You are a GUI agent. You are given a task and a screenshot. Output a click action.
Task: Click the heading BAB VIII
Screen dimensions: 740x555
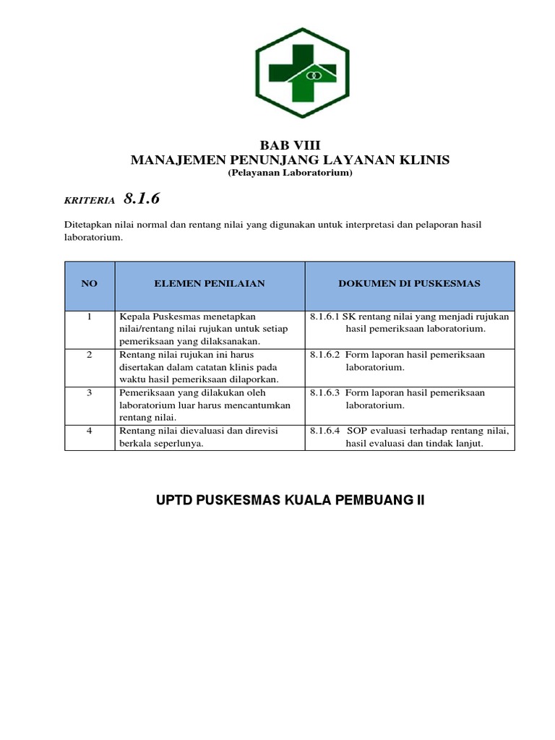point(289,145)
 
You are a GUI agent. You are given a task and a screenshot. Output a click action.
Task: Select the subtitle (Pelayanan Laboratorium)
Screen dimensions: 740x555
point(290,174)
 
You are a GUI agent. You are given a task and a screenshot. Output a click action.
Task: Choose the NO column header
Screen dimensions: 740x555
point(90,284)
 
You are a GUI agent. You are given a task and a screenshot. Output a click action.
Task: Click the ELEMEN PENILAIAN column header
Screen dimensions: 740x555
point(210,284)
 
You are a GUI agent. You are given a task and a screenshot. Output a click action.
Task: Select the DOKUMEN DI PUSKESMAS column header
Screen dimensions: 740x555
point(409,284)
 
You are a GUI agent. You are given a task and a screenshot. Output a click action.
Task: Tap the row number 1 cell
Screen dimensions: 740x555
point(90,317)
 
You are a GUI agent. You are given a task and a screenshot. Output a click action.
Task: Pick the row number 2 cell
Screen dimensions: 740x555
point(90,355)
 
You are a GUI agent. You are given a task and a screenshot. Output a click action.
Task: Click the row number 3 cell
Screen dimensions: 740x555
point(90,392)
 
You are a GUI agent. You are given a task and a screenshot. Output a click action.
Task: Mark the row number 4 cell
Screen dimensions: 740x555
point(90,431)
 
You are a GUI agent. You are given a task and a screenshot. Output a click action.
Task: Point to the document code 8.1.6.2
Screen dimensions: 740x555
point(324,355)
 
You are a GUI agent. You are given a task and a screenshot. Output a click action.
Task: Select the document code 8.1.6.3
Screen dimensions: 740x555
point(324,392)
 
